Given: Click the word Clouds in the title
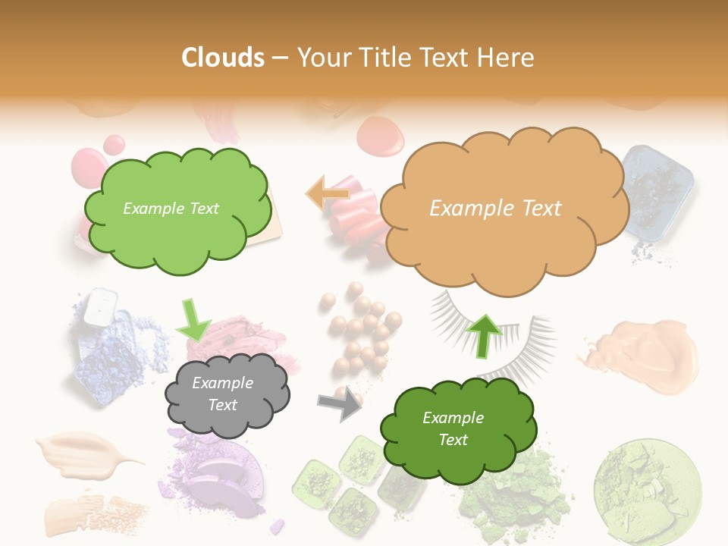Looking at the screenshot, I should tap(223, 58).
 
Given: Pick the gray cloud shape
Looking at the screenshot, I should tap(227, 394).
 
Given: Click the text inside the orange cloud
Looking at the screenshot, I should tap(495, 209).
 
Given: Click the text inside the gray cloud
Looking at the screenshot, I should tap(222, 394).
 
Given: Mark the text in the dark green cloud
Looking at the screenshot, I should tap(453, 428).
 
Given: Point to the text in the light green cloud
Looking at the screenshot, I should tap(171, 209).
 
